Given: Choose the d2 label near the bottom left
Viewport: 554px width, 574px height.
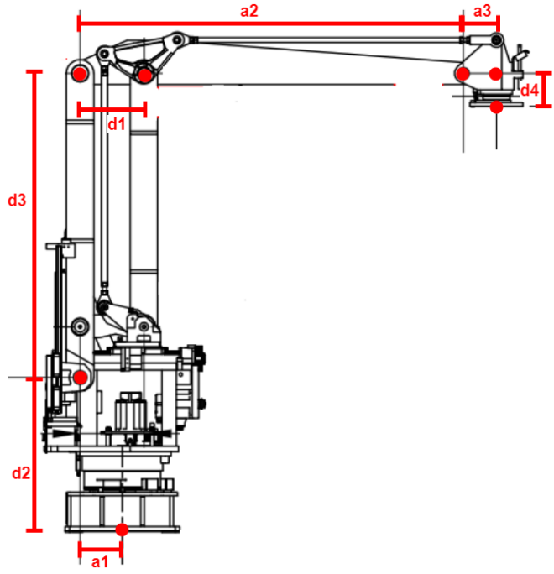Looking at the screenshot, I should pyautogui.click(x=21, y=473).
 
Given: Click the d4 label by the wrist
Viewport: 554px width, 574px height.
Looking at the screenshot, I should pyautogui.click(x=529, y=90).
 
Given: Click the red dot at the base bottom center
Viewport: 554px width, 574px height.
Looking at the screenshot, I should pyautogui.click(x=122, y=530).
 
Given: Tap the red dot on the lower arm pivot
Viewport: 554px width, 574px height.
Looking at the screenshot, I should pyautogui.click(x=81, y=378).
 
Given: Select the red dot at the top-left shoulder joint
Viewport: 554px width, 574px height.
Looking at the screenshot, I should pyautogui.click(x=79, y=74).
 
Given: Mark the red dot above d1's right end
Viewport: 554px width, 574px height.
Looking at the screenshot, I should pyautogui.click(x=144, y=76).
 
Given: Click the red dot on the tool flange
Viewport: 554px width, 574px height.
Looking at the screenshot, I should pyautogui.click(x=497, y=107).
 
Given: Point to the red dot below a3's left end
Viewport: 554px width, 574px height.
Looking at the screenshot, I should pyautogui.click(x=463, y=75).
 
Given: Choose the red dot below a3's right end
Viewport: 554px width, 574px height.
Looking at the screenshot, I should pyautogui.click(x=496, y=74).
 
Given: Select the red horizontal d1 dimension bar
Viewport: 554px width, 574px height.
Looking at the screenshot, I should pyautogui.click(x=112, y=107).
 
